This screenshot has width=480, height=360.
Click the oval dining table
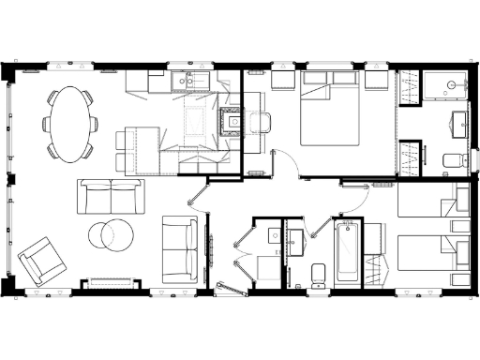[x=69, y=122]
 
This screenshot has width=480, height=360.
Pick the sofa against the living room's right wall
[x=179, y=247]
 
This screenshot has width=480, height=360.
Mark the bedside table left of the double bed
[x=282, y=81]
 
